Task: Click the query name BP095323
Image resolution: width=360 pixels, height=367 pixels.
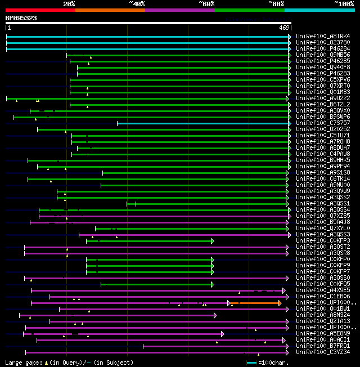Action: pos(21,18)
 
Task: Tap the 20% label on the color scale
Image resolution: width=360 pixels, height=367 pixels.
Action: pos(69,4)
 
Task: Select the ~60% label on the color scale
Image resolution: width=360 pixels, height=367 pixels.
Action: pos(206,4)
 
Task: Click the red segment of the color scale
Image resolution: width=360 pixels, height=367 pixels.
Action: pos(40,10)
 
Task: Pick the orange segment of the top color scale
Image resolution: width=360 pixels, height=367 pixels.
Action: pos(110,10)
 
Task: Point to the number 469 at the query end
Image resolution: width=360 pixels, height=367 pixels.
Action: pos(284,28)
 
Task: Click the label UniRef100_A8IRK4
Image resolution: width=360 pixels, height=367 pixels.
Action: pos(323,37)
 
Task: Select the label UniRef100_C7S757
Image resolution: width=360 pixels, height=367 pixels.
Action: pos(323,123)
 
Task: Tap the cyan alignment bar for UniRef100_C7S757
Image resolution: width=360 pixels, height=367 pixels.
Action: pos(202,123)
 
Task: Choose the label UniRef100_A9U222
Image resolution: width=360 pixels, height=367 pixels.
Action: pos(323,99)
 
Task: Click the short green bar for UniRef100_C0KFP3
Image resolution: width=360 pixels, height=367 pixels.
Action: pos(149,241)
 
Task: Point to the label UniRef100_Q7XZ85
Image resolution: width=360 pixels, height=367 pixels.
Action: pos(323,216)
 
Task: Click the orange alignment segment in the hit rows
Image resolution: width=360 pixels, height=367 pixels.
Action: pos(256,303)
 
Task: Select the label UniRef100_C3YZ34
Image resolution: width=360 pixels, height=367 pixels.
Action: pos(323,352)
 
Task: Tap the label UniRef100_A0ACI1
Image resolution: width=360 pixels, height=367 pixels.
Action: pos(323,340)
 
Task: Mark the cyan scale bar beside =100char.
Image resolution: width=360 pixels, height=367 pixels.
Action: pos(251,362)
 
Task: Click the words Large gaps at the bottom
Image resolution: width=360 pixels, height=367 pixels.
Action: pos(22,362)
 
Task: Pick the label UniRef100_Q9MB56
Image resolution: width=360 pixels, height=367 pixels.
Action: pos(323,55)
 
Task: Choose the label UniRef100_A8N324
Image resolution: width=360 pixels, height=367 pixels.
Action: pos(323,315)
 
